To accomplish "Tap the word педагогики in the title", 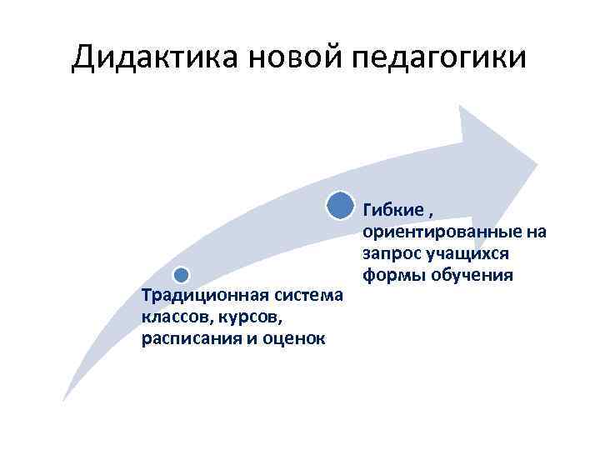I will [441, 60].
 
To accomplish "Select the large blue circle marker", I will [339, 204].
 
